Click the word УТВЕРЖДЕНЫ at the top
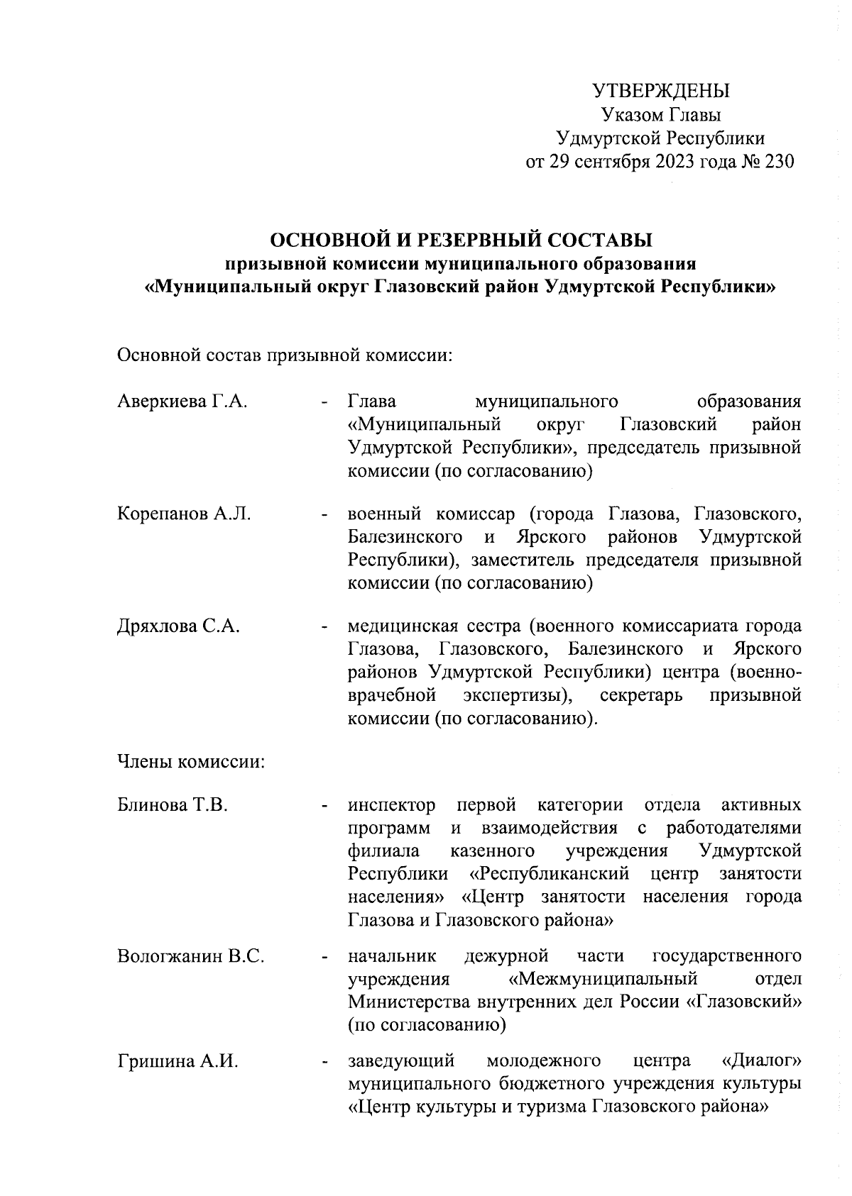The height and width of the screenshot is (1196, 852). [x=661, y=91]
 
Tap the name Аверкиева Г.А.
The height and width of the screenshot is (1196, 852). [x=182, y=402]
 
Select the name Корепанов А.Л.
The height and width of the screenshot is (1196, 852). [x=184, y=513]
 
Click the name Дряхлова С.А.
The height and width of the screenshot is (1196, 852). [x=178, y=626]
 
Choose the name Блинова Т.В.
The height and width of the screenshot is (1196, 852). [x=173, y=805]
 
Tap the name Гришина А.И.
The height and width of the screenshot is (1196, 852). [x=177, y=1062]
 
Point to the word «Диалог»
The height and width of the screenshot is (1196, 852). [x=761, y=1061]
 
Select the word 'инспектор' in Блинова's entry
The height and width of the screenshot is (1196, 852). [x=391, y=805]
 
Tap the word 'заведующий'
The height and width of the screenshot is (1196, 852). [x=401, y=1062]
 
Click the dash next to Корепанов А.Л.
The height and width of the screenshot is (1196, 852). [x=324, y=514]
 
